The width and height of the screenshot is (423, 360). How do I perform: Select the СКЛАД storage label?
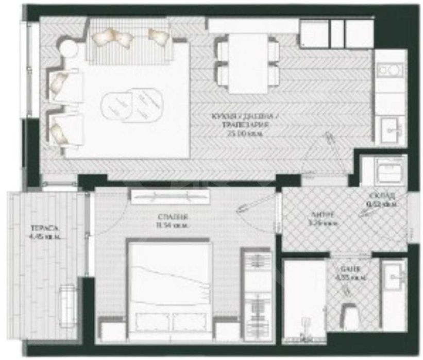[x=382, y=196]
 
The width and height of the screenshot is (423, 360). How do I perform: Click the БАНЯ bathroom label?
[x=346, y=268]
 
